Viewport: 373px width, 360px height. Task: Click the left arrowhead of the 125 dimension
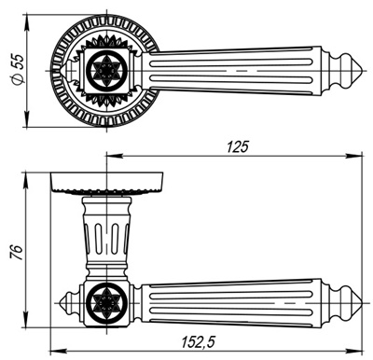113,155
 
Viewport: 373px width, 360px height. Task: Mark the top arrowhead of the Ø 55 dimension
27,20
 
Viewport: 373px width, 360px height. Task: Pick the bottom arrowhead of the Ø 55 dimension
27,123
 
